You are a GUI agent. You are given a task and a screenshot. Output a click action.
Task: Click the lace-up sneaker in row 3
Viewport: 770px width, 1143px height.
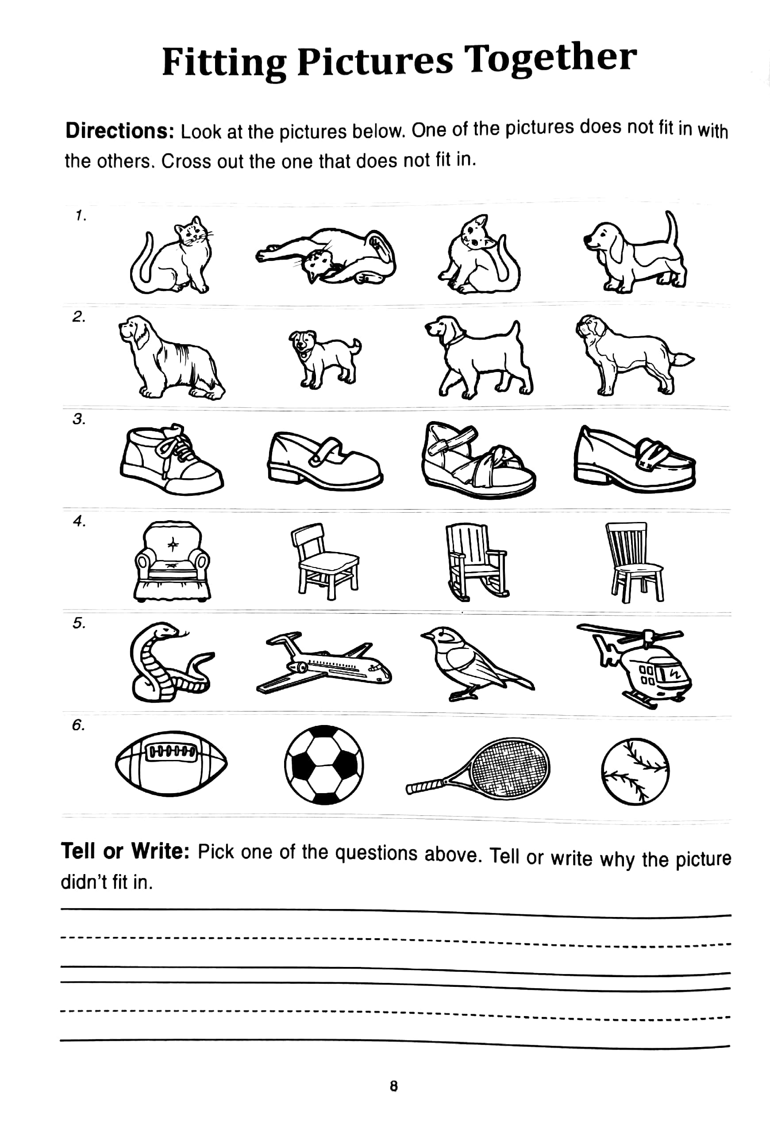[x=170, y=459]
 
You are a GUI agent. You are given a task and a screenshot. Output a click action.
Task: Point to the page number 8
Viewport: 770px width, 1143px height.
[x=393, y=1086]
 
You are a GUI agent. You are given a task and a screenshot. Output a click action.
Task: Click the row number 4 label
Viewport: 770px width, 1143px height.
[x=79, y=521]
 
